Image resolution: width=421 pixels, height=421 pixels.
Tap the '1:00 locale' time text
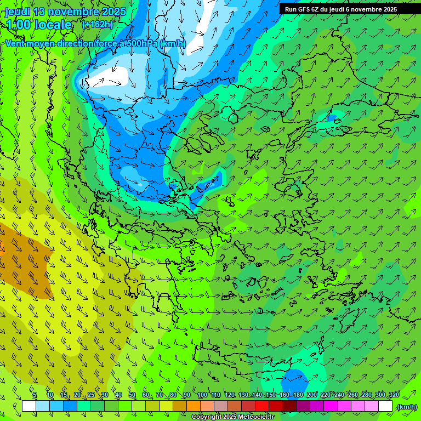click(x=39, y=25)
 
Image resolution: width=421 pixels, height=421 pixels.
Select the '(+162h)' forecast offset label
click(x=97, y=25)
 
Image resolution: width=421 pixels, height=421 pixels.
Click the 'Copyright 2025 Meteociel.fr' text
click(x=232, y=417)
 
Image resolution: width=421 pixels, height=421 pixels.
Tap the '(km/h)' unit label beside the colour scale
click(x=407, y=406)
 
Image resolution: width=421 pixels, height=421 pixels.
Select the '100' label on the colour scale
click(x=202, y=395)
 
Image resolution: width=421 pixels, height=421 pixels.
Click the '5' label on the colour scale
click(x=35, y=395)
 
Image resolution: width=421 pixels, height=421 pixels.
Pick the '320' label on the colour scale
click(x=394, y=395)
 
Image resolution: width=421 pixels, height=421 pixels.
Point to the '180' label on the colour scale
click(x=298, y=395)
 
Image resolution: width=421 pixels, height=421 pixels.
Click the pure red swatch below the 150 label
click(x=262, y=406)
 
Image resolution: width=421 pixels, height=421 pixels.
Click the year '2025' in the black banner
click(x=389, y=9)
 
